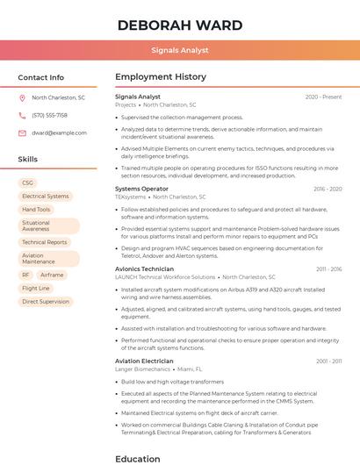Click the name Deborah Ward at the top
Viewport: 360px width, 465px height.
pyautogui.click(x=179, y=25)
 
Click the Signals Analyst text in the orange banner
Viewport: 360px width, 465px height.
pyautogui.click(x=179, y=50)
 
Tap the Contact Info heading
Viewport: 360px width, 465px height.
pyautogui.click(x=41, y=77)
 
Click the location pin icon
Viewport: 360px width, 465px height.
pyautogui.click(x=23, y=98)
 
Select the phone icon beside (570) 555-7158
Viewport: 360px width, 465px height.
pyautogui.click(x=23, y=115)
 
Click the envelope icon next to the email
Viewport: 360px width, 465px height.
pyautogui.click(x=23, y=132)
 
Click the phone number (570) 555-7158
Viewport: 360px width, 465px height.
pyautogui.click(x=49, y=115)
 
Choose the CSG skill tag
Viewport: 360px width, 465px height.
pyautogui.click(x=28, y=182)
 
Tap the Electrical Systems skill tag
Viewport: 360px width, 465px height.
pyautogui.click(x=45, y=197)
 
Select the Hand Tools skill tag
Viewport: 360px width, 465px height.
pyautogui.click(x=36, y=210)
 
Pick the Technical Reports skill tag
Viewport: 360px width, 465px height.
pyautogui.click(x=44, y=242)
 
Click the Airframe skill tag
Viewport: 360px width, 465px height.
pyautogui.click(x=52, y=275)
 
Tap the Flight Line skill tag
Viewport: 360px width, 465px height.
pyautogui.click(x=36, y=288)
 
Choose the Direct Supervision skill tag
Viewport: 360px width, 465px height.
pyautogui.click(x=46, y=302)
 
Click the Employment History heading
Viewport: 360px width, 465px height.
pyautogui.click(x=161, y=77)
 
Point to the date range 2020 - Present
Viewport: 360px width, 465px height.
pyautogui.click(x=323, y=97)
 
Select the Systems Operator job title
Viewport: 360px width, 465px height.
pyautogui.click(x=141, y=189)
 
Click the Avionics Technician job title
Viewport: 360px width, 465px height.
pyautogui.click(x=144, y=268)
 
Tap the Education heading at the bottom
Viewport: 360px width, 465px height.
pyautogui.click(x=138, y=458)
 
